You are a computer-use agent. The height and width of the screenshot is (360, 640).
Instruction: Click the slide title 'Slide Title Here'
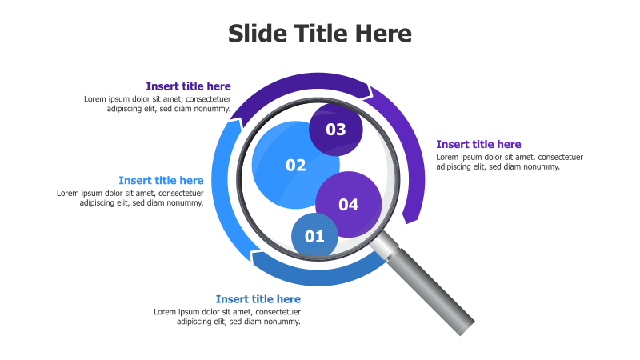pos(320,34)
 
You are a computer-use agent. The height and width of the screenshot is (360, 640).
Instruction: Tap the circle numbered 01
pos(314,236)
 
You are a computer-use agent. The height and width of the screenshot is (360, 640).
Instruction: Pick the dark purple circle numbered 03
pos(336,129)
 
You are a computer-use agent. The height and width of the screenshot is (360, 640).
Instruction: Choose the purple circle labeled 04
pos(349,205)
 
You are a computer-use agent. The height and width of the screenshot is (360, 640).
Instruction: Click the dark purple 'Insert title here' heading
pos(188,86)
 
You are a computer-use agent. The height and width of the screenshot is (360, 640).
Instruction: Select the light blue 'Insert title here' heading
pos(161,181)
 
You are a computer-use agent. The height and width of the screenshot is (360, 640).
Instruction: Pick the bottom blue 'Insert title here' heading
pos(258,299)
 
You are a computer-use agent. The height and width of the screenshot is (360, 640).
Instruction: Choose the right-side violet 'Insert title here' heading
pos(478,145)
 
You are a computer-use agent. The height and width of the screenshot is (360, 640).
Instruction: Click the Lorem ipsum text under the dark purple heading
pos(157,104)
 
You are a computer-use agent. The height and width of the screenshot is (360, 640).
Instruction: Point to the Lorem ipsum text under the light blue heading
pos(130,198)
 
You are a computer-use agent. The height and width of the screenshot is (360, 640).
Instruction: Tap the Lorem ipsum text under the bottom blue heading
pos(227,316)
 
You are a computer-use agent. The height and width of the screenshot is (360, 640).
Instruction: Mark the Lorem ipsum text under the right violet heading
pos(510,162)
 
